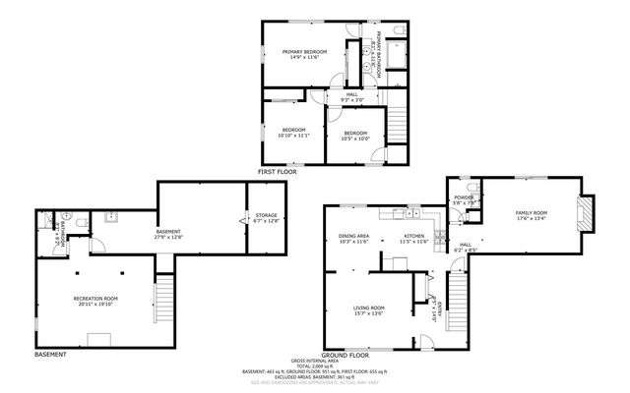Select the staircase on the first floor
pyautogui.click(x=397, y=124)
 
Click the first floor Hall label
pyautogui.click(x=351, y=94)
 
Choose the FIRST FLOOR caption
pyautogui.click(x=278, y=171)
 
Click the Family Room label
pyautogui.click(x=531, y=212)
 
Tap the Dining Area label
pyautogui.click(x=353, y=236)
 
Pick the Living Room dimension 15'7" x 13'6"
pyautogui.click(x=369, y=313)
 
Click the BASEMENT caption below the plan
pyautogui.click(x=50, y=354)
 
